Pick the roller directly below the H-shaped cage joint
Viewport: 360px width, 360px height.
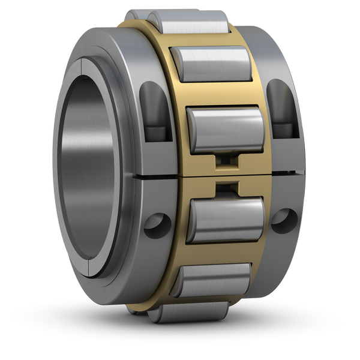point(226,219)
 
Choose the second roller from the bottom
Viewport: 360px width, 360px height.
point(210,279)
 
